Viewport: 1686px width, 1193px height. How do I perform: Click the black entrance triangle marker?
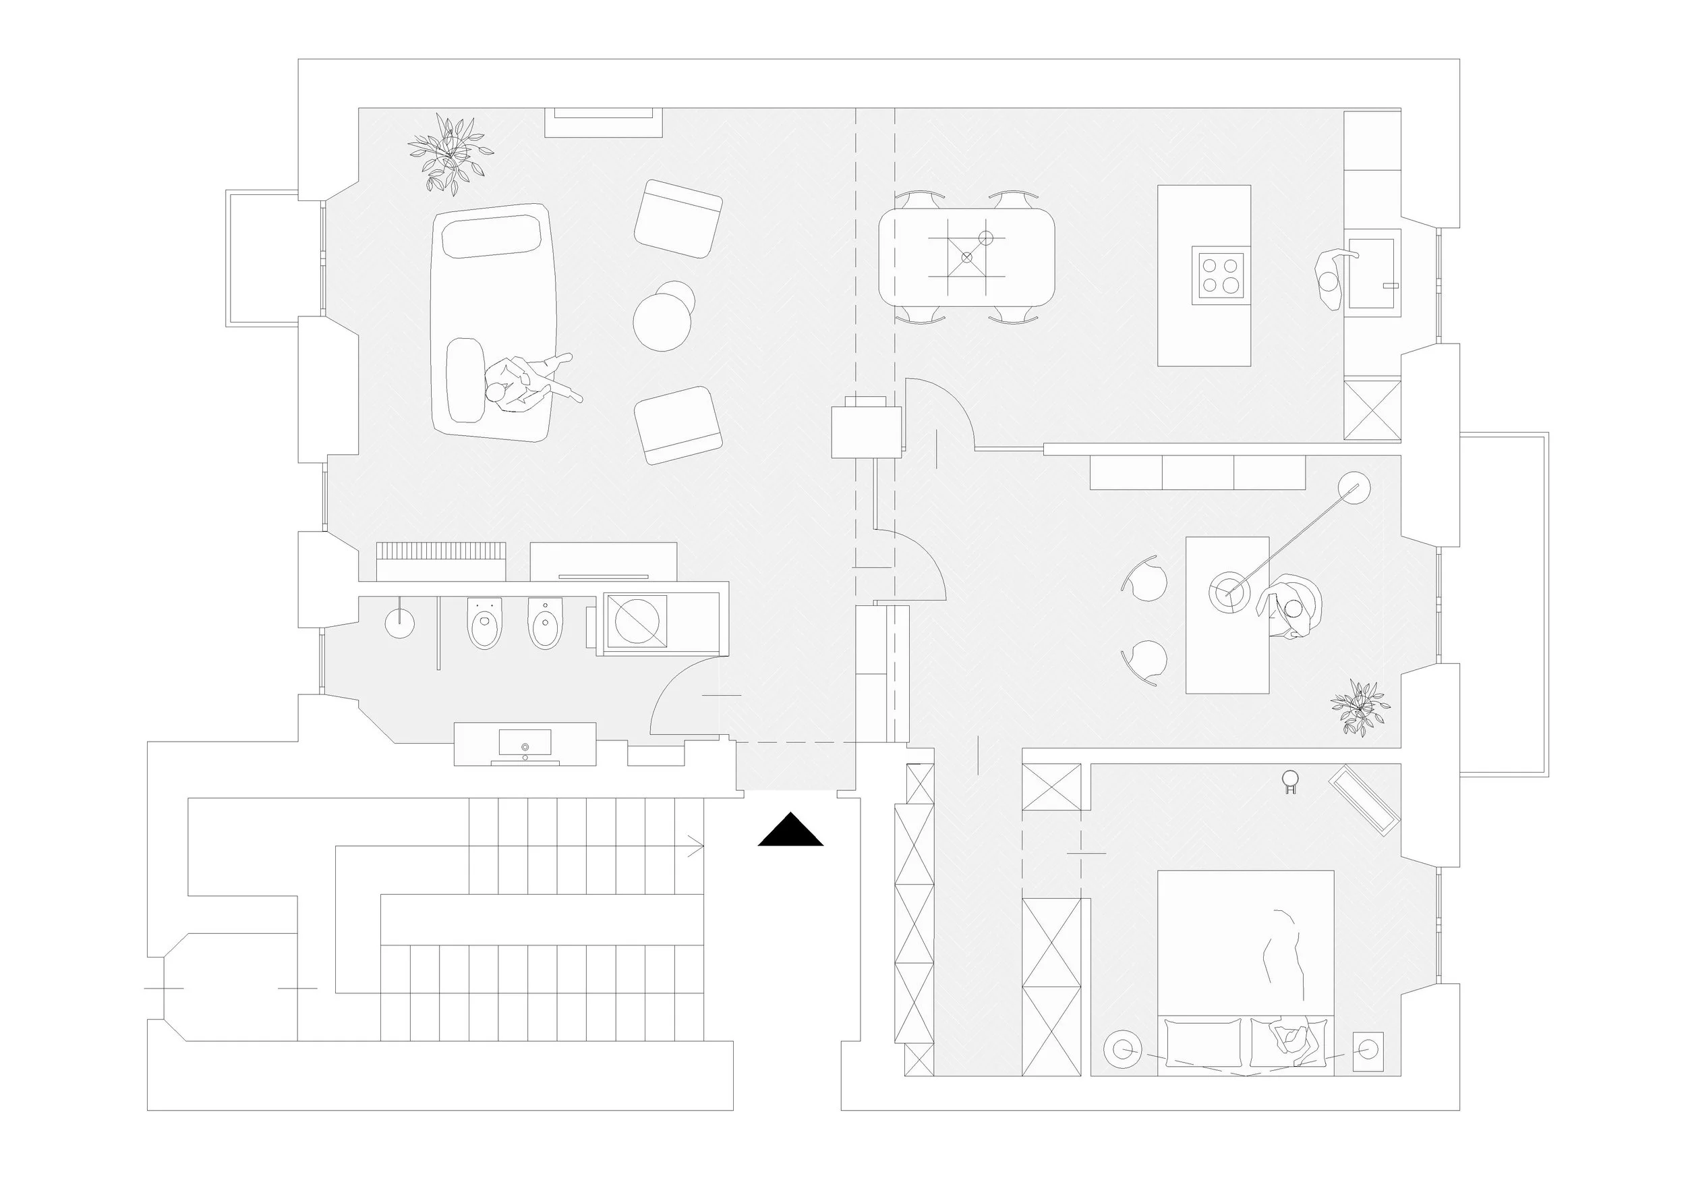click(790, 831)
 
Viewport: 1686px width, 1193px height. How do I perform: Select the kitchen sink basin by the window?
click(1370, 273)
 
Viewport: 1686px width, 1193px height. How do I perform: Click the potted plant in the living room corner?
click(448, 152)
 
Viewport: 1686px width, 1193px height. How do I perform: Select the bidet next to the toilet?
click(545, 623)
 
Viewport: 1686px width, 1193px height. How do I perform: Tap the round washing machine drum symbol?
click(636, 622)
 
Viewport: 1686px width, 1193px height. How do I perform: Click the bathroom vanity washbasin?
click(524, 744)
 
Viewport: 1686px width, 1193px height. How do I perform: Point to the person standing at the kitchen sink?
click(1330, 281)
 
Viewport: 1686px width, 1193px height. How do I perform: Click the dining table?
click(966, 257)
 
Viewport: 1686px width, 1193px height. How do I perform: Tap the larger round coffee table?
click(662, 322)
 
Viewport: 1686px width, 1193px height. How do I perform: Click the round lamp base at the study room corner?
click(1354, 489)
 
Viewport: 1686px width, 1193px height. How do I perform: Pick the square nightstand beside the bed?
click(1367, 1051)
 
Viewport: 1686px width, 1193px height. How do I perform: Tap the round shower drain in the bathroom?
click(399, 623)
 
